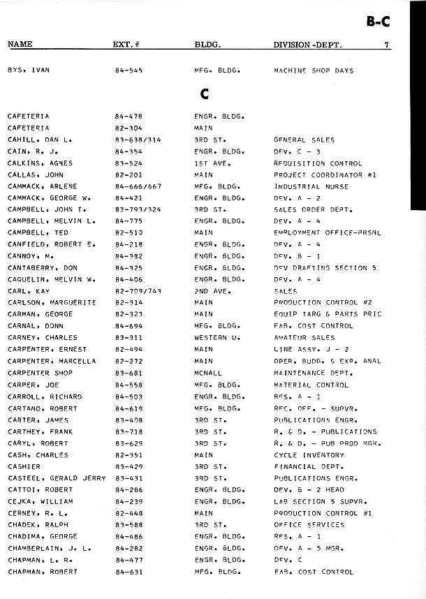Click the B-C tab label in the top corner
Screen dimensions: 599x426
[x=378, y=22]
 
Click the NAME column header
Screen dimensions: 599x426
[x=20, y=45]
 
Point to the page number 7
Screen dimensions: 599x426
[x=386, y=45]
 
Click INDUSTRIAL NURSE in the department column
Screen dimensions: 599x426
[x=307, y=186]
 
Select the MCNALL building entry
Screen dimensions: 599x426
[x=208, y=373]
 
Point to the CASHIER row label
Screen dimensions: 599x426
[x=24, y=466]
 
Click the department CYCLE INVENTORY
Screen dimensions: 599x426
[x=304, y=454]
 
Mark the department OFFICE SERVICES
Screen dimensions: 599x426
[x=309, y=525]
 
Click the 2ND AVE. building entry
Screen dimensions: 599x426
[x=212, y=291]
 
